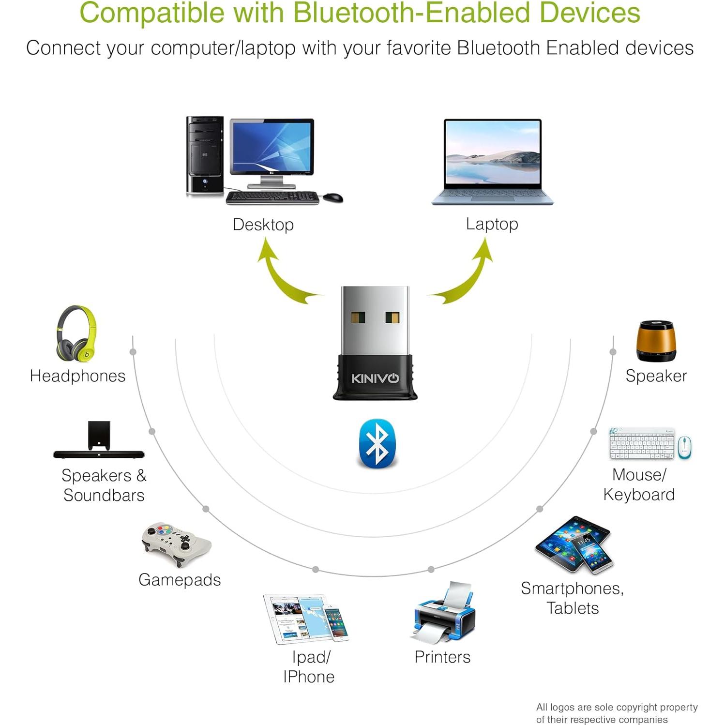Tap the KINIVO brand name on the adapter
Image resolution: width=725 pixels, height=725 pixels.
(x=375, y=378)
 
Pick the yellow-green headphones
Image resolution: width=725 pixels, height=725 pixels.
(x=76, y=333)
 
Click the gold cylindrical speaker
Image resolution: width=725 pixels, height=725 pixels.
(x=656, y=341)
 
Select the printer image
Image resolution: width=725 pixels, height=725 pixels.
(x=445, y=613)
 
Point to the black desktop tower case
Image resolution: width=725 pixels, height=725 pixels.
(x=205, y=155)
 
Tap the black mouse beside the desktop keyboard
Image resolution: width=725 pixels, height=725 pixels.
(x=333, y=197)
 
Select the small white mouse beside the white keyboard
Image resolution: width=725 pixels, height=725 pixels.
(x=684, y=447)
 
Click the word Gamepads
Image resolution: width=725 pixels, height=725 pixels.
(x=180, y=580)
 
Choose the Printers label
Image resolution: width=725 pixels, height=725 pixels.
(x=442, y=657)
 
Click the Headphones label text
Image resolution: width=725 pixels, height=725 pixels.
(x=77, y=376)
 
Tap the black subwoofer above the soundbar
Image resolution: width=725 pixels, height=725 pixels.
(x=99, y=435)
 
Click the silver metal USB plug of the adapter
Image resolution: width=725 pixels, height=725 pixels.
(x=375, y=319)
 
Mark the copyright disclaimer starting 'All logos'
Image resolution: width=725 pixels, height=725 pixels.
(x=617, y=713)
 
